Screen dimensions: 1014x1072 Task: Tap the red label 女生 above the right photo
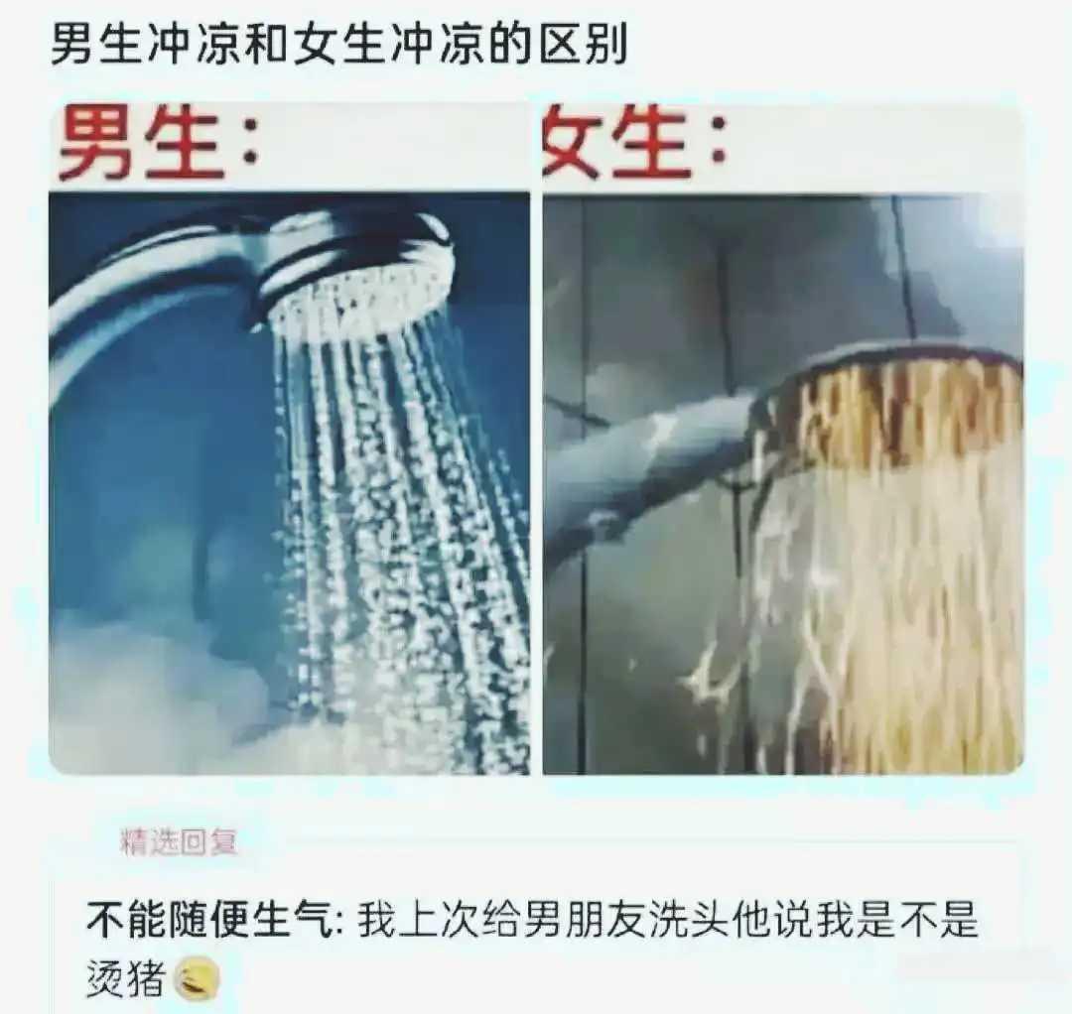point(616,144)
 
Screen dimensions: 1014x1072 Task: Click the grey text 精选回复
point(179,842)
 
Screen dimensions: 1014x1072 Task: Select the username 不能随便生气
point(208,921)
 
